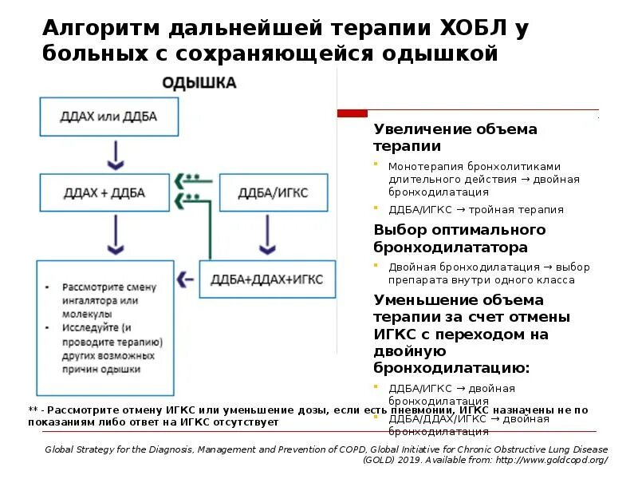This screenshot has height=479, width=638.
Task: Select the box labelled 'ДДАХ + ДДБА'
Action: click(x=104, y=193)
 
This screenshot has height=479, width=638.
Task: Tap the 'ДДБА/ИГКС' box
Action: click(x=273, y=193)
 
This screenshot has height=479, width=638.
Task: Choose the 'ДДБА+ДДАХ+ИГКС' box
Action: click(x=267, y=279)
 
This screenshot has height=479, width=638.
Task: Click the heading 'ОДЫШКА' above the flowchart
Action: click(x=199, y=82)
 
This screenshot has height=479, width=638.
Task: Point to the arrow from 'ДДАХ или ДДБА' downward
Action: click(x=116, y=154)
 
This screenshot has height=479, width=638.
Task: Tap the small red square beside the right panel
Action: click(x=352, y=113)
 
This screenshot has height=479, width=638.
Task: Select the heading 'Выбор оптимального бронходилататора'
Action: click(x=459, y=238)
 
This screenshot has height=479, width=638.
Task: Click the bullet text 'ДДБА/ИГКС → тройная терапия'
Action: click(x=476, y=210)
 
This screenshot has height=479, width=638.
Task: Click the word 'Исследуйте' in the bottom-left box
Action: click(x=87, y=328)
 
